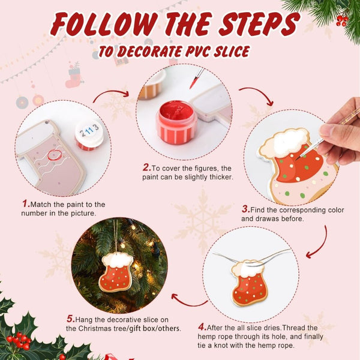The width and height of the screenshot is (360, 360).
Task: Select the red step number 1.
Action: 26,204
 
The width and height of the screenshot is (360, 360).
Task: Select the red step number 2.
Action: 146,167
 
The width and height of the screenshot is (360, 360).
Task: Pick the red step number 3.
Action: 245,209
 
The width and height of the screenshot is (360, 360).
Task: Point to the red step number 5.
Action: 70,318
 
